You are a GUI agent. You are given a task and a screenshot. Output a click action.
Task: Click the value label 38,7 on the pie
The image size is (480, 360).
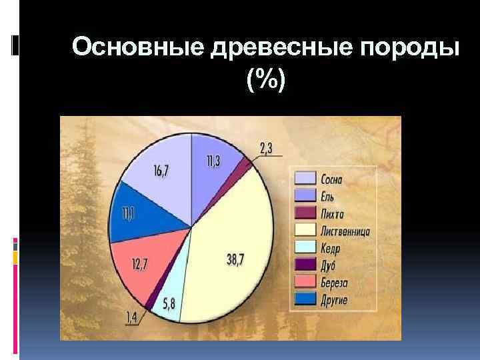pyautogui.click(x=235, y=261)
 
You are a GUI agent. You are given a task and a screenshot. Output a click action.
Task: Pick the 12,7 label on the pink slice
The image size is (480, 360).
pyautogui.click(x=139, y=265)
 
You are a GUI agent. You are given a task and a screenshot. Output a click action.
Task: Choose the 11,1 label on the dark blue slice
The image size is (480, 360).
pyautogui.click(x=126, y=215)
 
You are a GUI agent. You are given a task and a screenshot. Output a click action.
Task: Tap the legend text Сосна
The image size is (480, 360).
pyautogui.click(x=333, y=179)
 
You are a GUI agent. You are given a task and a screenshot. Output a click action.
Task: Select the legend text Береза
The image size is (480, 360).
pyautogui.click(x=335, y=283)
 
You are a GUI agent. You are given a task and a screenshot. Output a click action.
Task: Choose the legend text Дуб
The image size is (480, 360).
pyautogui.click(x=329, y=266)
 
